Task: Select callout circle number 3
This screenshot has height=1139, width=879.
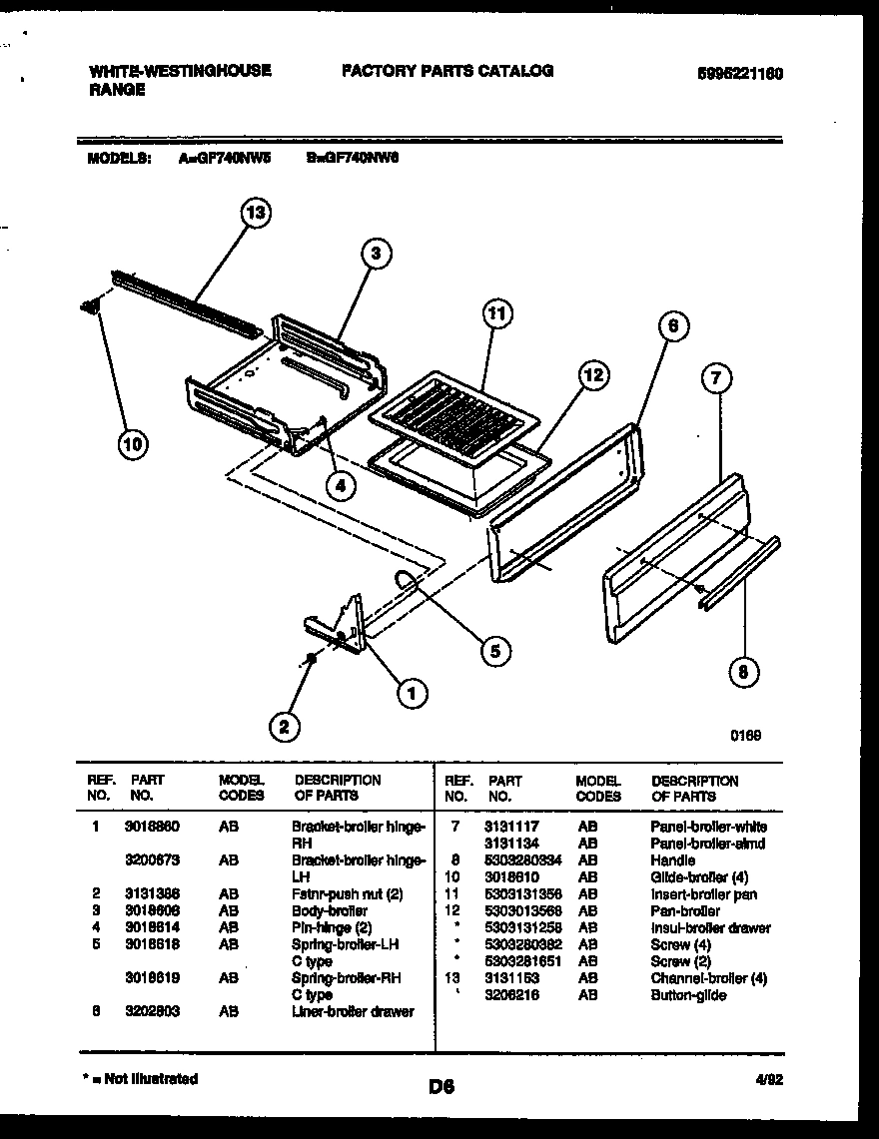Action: [x=376, y=254]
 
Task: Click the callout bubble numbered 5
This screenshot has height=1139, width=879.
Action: [x=492, y=650]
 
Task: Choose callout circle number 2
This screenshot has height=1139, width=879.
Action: [x=285, y=728]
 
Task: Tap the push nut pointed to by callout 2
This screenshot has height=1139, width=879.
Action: [x=312, y=658]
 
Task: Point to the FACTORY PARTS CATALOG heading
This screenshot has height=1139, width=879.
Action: [x=446, y=71]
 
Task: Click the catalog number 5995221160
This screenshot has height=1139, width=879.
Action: [x=739, y=73]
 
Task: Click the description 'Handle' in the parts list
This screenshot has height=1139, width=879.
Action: [x=672, y=860]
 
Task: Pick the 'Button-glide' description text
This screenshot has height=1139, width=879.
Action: [x=688, y=995]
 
